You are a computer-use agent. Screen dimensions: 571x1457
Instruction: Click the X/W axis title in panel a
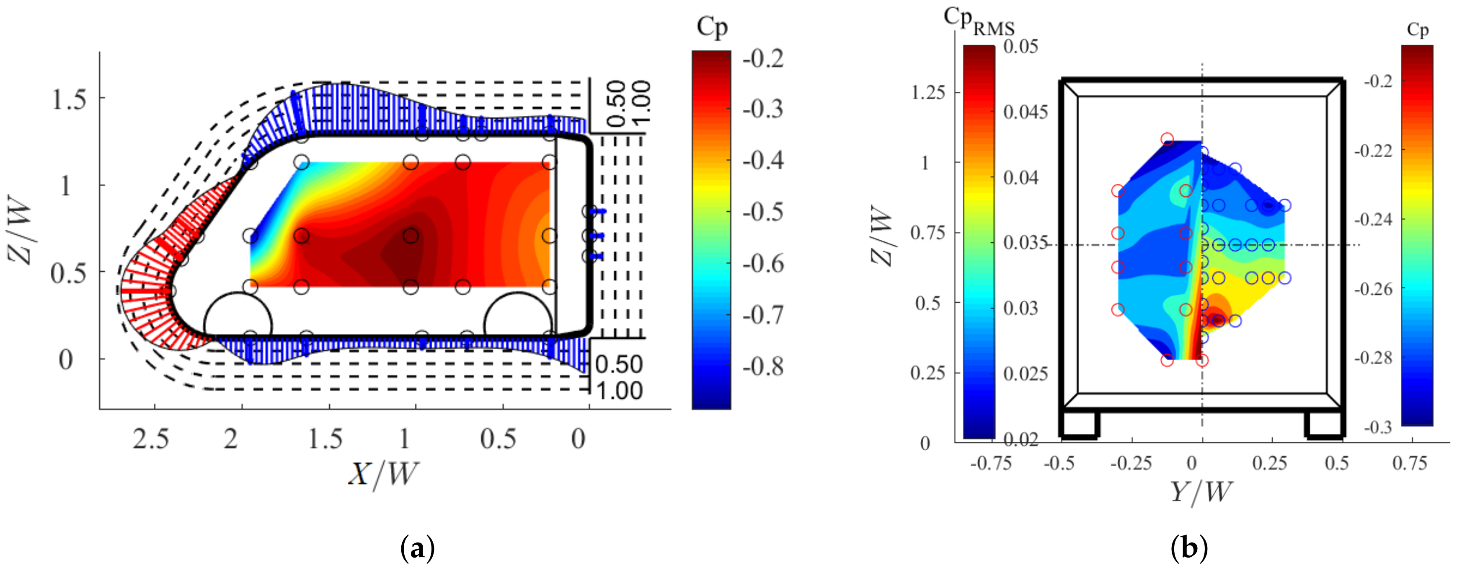[383, 474]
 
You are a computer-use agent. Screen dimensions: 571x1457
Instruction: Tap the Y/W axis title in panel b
[1200, 491]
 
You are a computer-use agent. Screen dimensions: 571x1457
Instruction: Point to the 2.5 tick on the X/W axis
[151, 439]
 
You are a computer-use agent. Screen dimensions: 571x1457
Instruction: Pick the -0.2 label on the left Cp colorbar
[763, 58]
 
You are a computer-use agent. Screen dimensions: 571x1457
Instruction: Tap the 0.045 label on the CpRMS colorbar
[1025, 112]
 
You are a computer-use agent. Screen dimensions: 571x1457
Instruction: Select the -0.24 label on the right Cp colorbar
[1373, 220]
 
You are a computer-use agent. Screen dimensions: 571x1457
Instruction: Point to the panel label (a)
[417, 548]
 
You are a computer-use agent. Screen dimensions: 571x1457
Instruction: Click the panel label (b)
[1189, 548]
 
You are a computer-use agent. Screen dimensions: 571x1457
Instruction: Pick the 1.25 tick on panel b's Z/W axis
[927, 92]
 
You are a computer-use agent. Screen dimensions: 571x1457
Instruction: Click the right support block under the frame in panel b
[1324, 424]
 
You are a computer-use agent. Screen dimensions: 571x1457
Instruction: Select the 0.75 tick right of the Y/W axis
[1410, 463]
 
